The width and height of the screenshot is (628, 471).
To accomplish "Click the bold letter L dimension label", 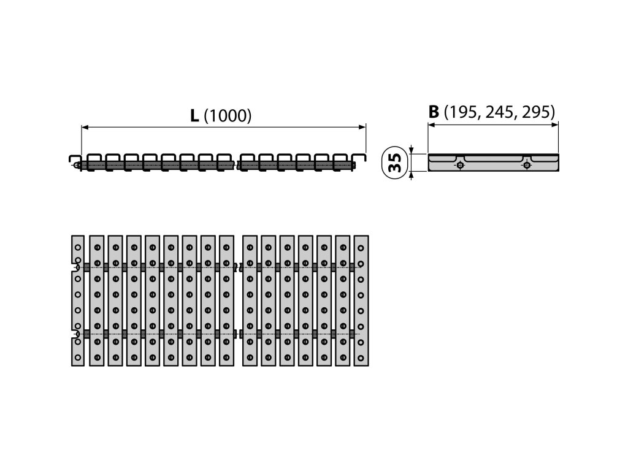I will [x=194, y=116].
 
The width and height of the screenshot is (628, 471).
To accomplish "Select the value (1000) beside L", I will [x=227, y=116].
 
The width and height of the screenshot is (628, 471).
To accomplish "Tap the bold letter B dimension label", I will [x=434, y=112].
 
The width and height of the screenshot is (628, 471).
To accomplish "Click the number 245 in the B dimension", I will [x=498, y=112].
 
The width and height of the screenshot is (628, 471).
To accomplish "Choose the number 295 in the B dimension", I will [x=534, y=112].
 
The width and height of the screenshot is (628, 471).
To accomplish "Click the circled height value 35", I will [x=396, y=162].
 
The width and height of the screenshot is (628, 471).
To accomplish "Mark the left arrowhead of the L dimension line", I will [x=85, y=127].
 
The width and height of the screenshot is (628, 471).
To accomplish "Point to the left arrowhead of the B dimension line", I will [x=431, y=124].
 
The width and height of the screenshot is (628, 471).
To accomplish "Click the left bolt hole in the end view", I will [x=460, y=164].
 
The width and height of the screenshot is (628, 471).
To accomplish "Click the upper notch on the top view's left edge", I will [x=75, y=267].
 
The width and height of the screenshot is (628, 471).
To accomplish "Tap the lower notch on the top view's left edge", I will [x=75, y=334].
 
